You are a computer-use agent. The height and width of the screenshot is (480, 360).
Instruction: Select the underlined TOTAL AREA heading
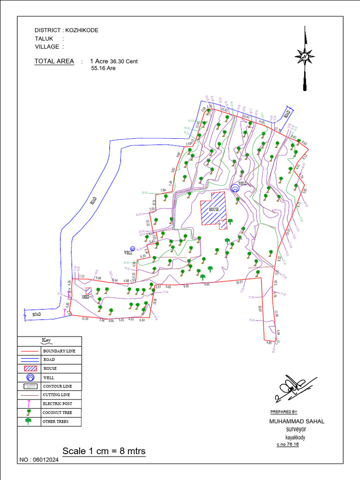(54, 61)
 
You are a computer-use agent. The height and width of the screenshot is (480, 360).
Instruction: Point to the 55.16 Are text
(103, 68)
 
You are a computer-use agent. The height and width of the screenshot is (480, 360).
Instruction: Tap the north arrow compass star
(305, 57)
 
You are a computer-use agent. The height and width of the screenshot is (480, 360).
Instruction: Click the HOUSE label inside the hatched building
(214, 209)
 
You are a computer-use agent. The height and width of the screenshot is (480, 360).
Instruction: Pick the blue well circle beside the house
(234, 188)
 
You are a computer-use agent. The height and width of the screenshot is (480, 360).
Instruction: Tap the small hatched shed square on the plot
(89, 291)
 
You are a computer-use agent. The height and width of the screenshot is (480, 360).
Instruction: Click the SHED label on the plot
(85, 297)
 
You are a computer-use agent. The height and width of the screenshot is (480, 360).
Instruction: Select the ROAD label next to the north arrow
(287, 113)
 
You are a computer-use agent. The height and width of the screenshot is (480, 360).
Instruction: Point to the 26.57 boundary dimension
(240, 282)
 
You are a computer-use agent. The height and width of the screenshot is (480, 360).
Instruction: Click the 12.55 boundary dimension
(85, 319)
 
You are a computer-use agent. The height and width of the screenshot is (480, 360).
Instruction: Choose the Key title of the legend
(46, 340)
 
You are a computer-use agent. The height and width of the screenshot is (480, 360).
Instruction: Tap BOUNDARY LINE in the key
(59, 351)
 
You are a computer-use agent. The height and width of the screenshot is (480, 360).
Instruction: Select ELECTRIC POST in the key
(57, 404)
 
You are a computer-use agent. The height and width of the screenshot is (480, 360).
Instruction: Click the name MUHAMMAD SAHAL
(297, 421)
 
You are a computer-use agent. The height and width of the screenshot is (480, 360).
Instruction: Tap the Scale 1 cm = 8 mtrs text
(104, 451)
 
